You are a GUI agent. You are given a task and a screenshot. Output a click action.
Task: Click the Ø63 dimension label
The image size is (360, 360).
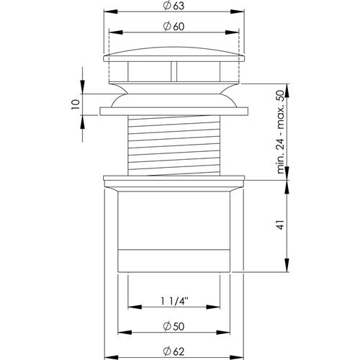(x=174, y=6)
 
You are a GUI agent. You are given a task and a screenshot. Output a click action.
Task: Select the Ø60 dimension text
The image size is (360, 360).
(x=174, y=27)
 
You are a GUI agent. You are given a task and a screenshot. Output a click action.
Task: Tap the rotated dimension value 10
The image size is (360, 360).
(x=76, y=104)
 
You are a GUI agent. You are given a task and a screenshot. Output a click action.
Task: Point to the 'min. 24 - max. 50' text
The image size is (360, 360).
(x=280, y=132)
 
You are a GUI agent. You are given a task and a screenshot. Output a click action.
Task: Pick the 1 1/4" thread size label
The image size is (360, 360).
(x=174, y=302)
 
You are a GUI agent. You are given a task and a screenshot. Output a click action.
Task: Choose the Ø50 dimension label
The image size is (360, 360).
(x=174, y=326)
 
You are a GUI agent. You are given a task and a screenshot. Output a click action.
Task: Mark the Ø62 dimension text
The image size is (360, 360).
(x=174, y=352)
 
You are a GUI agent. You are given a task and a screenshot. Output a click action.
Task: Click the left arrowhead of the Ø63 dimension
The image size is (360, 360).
(x=111, y=12)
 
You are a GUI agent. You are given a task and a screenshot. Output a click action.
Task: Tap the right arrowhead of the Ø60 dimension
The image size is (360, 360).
(x=232, y=32)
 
